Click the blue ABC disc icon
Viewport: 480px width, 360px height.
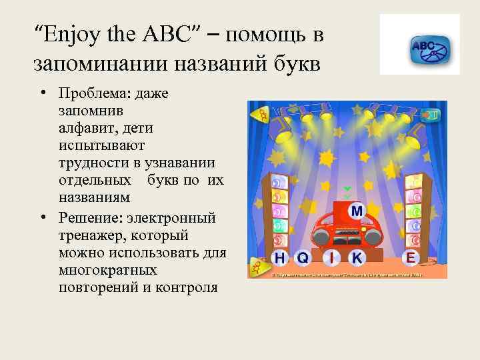pyautogui.click(x=429, y=48)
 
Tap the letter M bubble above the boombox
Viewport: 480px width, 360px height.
pyautogui.click(x=357, y=211)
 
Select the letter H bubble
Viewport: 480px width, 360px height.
pyautogui.click(x=279, y=257)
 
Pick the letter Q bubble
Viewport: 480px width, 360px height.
pyautogui.click(x=303, y=257)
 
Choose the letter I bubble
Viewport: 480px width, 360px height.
pyautogui.click(x=331, y=257)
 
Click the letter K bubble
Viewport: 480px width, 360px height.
pyautogui.click(x=357, y=257)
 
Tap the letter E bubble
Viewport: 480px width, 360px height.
pyautogui.click(x=411, y=257)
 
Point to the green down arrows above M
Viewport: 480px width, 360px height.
pyautogui.click(x=347, y=193)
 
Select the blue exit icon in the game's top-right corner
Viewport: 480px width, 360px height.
pyautogui.click(x=433, y=115)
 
